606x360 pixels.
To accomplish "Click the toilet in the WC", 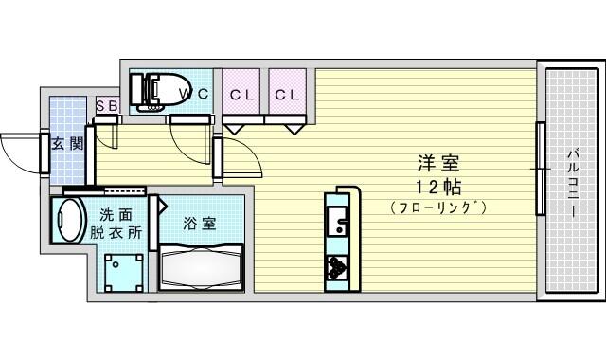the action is (159, 90).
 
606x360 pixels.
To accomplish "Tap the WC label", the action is (195, 94).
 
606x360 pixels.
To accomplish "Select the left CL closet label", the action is (241, 95).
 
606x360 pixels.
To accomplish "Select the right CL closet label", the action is (287, 95).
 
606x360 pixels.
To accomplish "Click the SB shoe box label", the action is (106, 105).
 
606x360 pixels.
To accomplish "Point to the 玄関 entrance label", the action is (67, 144).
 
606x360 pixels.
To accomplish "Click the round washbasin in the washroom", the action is (68, 221).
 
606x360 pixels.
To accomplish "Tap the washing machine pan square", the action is (124, 273).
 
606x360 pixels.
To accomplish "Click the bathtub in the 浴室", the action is (201, 267).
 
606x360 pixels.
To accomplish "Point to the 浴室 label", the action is (200, 224).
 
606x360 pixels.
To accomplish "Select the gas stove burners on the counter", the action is (337, 268).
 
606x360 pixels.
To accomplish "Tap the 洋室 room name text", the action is (438, 164).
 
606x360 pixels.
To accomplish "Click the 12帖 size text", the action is (438, 188).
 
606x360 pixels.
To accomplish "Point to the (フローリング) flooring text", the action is (437, 207).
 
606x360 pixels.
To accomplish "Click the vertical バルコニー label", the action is (573, 184).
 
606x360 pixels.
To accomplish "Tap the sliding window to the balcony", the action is (541, 169).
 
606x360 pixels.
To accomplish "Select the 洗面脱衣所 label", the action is (116, 224).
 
